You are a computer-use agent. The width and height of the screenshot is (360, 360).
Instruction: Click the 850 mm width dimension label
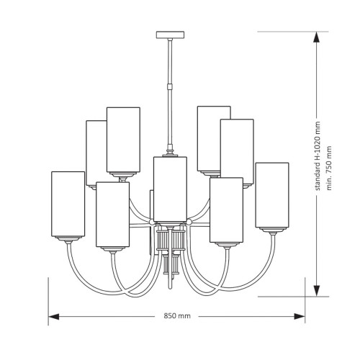(177, 316)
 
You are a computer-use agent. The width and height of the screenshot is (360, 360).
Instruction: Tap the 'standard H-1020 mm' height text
(318, 156)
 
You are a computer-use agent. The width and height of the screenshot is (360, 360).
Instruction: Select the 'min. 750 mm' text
(329, 168)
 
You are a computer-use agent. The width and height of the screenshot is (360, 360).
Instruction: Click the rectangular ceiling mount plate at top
(170, 35)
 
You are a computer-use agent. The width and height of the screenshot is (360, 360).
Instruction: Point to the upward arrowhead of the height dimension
(317, 37)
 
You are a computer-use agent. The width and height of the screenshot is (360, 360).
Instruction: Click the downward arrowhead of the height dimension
(317, 291)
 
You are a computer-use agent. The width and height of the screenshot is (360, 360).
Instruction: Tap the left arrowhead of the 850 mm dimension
(54, 316)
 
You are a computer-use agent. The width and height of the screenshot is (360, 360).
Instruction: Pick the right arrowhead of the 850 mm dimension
(300, 316)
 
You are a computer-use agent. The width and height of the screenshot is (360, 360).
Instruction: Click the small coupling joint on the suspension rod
(170, 86)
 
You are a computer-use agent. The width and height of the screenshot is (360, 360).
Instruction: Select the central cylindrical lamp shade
(170, 189)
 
